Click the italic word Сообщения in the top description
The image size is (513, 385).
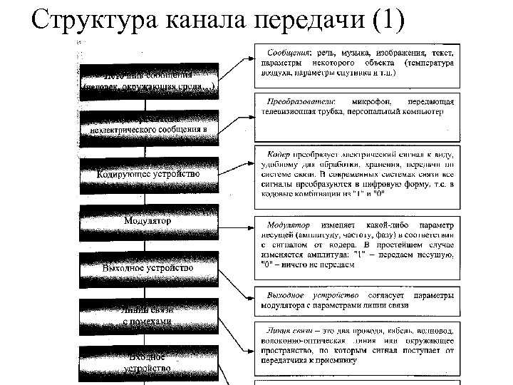pos(289,52)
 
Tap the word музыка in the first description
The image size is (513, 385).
pos(363,52)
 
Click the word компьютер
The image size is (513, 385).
pos(420,111)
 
